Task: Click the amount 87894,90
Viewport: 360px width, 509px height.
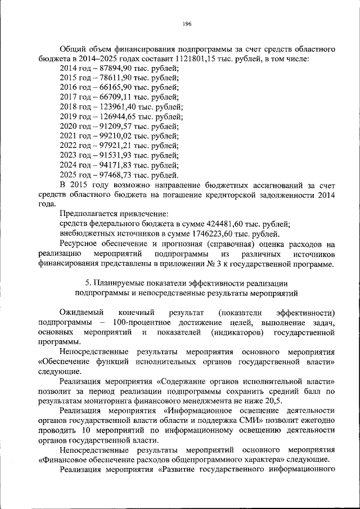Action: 111,69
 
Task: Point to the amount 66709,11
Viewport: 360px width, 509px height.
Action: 111,97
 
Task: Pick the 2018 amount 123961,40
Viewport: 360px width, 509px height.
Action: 113,107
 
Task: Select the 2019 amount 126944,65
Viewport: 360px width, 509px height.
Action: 113,117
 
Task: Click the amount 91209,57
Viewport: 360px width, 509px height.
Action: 111,127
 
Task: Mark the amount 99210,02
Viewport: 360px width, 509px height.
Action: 111,136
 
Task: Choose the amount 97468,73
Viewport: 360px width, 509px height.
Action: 111,175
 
